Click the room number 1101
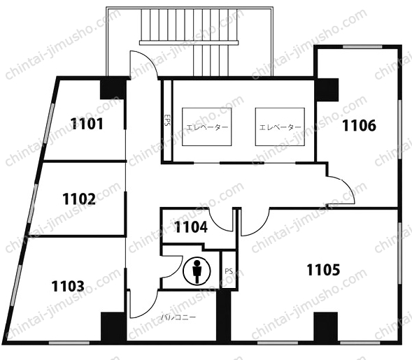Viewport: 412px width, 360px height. point(87,124)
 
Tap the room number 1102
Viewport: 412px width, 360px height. point(79,199)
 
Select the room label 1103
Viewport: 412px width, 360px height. point(68,286)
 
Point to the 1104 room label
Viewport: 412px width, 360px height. point(191,227)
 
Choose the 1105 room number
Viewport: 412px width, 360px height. point(323,270)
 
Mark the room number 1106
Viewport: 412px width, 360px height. point(359,125)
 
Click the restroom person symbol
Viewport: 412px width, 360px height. point(197,271)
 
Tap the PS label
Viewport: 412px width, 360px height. point(229,271)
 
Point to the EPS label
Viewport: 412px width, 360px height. point(167,120)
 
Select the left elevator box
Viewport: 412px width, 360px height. point(207,127)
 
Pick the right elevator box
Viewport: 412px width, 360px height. point(280,127)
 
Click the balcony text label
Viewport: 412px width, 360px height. point(178,317)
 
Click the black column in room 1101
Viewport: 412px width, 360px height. point(113,89)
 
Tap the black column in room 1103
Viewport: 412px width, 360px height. point(113,326)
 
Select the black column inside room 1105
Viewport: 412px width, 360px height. point(326,326)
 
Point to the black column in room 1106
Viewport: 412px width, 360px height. point(327,89)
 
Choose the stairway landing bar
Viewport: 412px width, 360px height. point(189,43)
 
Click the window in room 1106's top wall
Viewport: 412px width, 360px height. point(362,47)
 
